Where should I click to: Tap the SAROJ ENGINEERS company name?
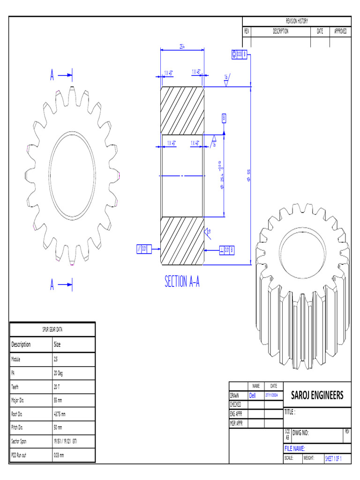(317, 395)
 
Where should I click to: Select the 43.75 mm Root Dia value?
(60, 414)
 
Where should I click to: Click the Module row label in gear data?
(17, 359)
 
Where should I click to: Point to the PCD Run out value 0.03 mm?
(60, 455)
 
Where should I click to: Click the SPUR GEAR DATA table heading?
(52, 329)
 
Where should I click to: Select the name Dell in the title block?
(253, 395)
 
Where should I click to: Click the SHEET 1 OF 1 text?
(333, 458)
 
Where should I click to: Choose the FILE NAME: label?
(294, 449)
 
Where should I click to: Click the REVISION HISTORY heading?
(296, 21)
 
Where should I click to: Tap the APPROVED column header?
(340, 31)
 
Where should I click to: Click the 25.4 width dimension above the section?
(182, 46)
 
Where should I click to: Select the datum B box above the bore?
(224, 118)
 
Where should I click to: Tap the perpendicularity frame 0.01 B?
(226, 250)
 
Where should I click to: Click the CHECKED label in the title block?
(236, 404)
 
